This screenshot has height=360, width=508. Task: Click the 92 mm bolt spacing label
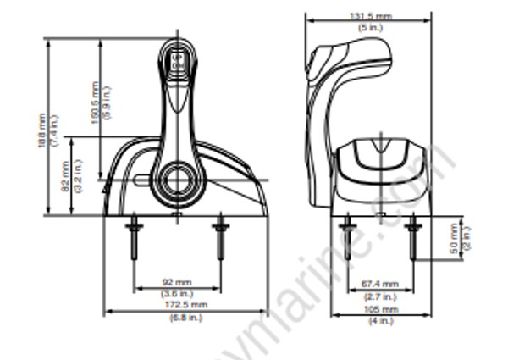[177, 282]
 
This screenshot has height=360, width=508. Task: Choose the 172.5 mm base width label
[185, 303]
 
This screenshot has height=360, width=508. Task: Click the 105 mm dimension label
[380, 309]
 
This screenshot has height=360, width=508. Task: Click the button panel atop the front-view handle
[179, 61]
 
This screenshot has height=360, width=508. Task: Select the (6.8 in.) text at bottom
[185, 317]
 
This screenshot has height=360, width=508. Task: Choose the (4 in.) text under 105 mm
[380, 321]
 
